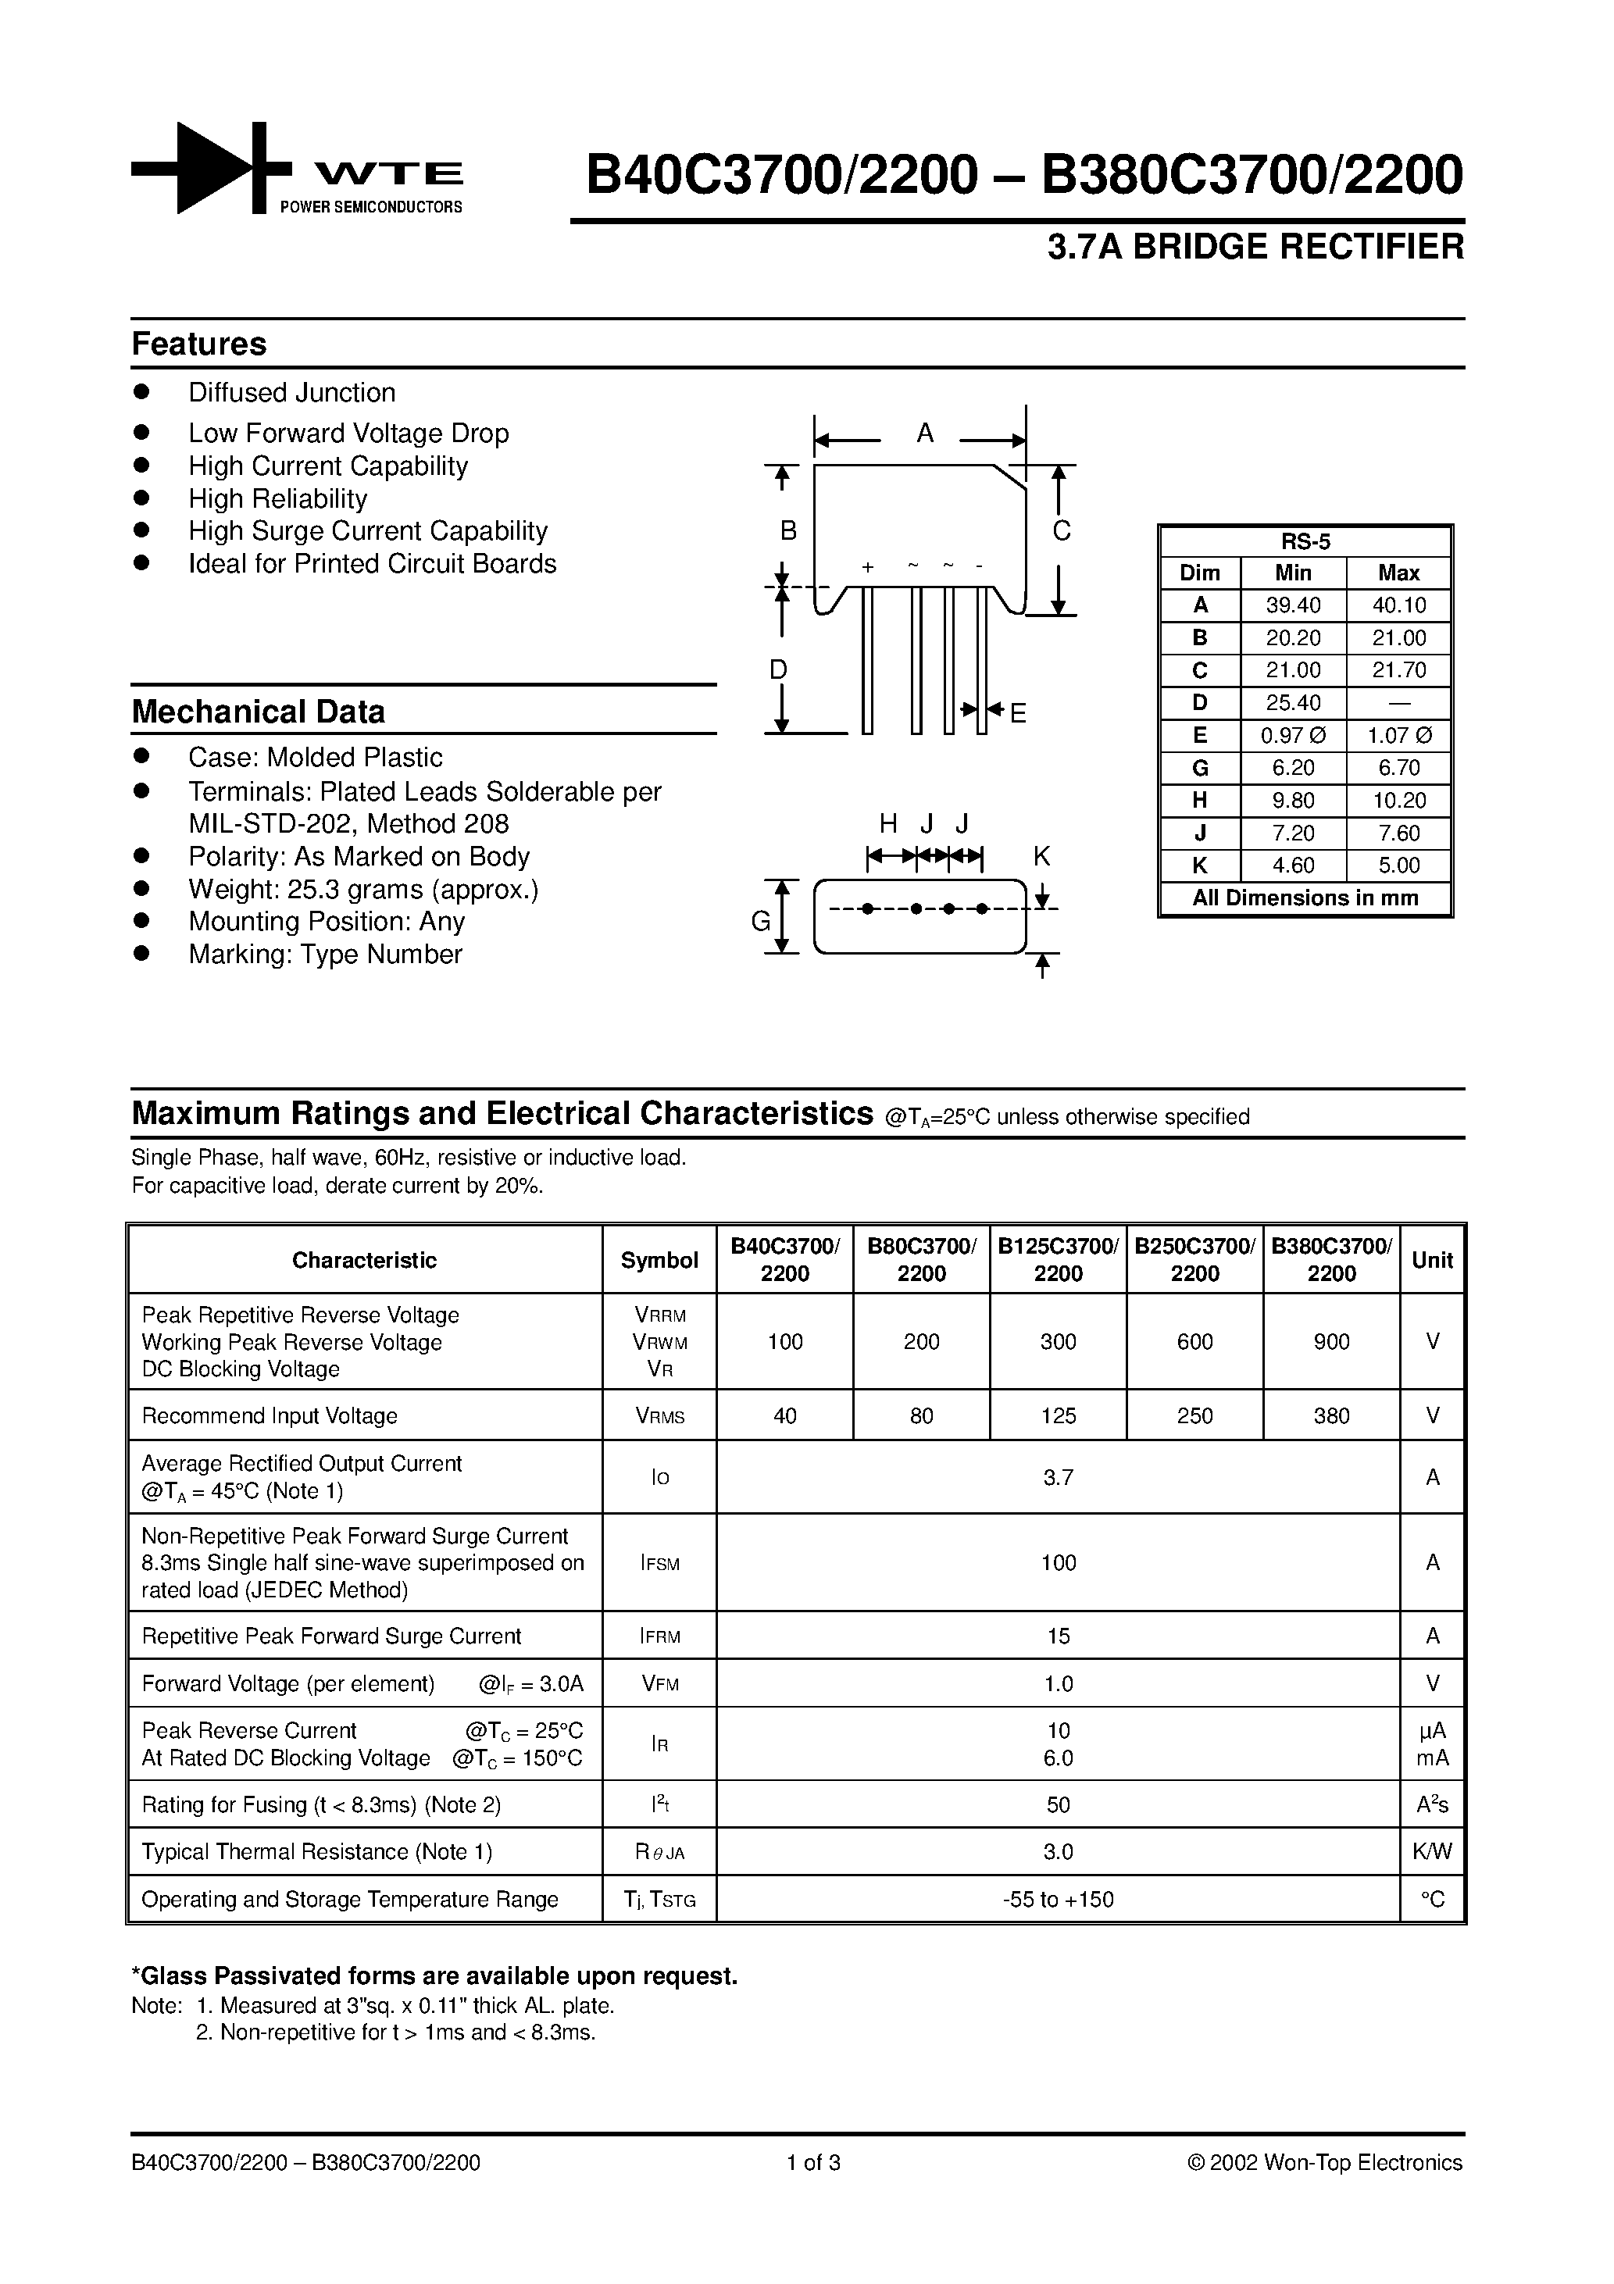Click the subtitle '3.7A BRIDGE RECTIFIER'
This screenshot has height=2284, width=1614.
(1255, 247)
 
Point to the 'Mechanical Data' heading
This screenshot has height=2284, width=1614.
(258, 712)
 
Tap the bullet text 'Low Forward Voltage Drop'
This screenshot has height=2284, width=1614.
(348, 433)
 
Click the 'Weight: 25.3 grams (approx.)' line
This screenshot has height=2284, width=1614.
(363, 890)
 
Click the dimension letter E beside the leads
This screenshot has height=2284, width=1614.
(1018, 713)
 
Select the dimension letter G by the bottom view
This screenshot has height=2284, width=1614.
(760, 921)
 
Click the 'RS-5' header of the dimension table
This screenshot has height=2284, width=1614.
(1305, 542)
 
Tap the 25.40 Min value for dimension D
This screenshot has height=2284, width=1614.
(1293, 703)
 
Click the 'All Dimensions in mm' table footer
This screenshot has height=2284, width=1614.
(1305, 898)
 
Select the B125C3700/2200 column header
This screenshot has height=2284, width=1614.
(1058, 1259)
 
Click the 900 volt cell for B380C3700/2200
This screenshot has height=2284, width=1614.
(1330, 1342)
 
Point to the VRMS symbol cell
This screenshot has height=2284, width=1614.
(659, 1416)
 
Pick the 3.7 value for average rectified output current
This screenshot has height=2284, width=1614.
(1058, 1478)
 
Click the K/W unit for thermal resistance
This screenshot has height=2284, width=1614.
(1432, 1852)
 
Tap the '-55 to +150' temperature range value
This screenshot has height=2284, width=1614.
(1058, 1900)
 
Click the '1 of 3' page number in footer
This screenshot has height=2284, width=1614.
(813, 2163)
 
